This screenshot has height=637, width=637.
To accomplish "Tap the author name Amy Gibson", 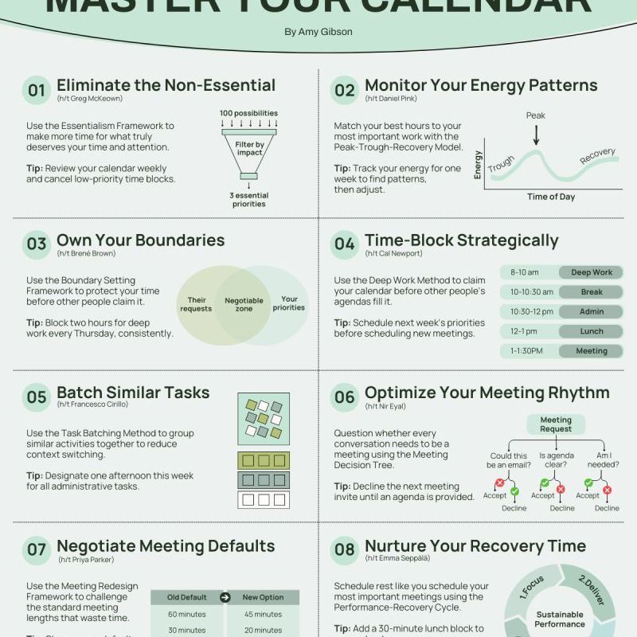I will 318,32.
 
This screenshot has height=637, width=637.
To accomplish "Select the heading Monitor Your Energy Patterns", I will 481,86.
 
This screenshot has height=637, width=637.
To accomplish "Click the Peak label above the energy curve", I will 536,115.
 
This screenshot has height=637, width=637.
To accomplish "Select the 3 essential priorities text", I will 248,199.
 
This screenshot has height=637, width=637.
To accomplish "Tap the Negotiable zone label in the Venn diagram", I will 244,305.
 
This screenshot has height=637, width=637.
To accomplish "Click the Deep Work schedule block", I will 592,272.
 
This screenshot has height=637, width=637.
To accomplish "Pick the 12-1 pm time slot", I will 525,331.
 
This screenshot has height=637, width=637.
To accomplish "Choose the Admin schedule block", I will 592,311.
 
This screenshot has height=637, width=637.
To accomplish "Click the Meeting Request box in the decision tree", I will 556,424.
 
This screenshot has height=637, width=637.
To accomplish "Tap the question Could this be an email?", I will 509,461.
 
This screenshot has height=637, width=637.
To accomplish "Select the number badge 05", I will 37,397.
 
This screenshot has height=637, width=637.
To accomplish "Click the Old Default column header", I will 186,597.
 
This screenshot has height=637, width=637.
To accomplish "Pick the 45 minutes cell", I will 262,615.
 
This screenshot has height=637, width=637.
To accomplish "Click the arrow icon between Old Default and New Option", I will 225,597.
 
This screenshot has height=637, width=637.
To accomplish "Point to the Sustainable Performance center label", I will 559,619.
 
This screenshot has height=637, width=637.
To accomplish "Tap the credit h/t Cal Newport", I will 393,253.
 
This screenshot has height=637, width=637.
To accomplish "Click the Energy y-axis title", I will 479,164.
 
